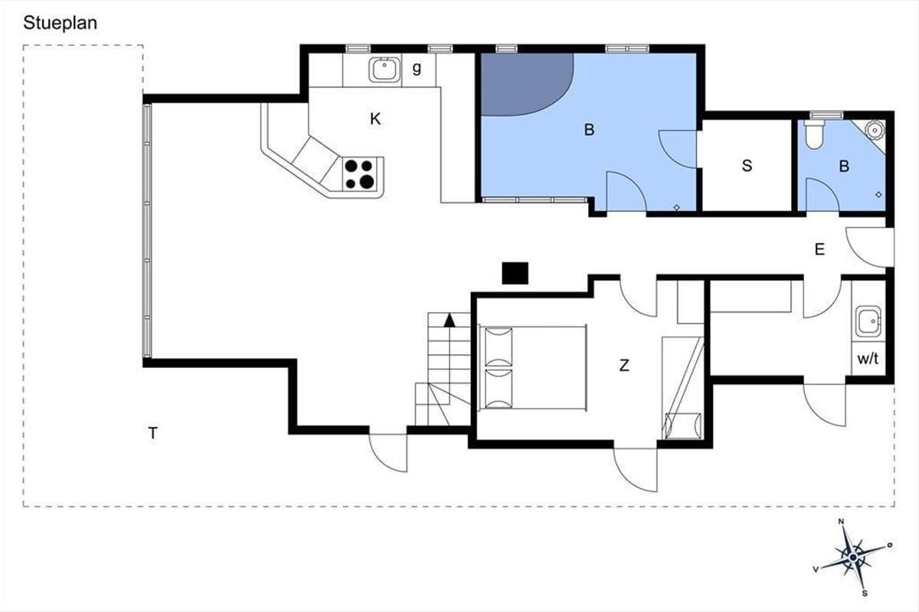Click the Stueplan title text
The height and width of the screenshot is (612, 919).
point(61,24)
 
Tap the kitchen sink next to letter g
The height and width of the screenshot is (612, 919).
point(384,70)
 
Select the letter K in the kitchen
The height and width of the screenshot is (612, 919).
point(375,119)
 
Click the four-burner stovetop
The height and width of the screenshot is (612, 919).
point(359,174)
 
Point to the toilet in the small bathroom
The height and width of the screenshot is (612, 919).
point(814,135)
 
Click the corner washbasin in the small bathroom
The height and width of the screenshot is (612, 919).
point(875,130)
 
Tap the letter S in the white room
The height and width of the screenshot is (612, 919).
point(747,165)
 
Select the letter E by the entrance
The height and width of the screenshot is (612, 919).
point(819,249)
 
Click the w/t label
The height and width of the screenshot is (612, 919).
point(868,359)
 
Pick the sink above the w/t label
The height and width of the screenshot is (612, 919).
point(868,321)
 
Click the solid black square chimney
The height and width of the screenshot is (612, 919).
point(515,273)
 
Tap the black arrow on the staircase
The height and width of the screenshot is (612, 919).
point(450,320)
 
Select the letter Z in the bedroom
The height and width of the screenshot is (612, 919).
point(624,365)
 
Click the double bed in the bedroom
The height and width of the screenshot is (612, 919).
point(532,367)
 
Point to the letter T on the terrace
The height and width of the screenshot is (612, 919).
point(152,433)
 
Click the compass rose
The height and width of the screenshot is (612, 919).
point(853,558)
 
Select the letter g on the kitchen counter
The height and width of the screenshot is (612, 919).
point(417,69)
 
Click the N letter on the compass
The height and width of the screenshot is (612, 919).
point(841,522)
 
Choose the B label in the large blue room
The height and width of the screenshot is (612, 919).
point(589,130)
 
